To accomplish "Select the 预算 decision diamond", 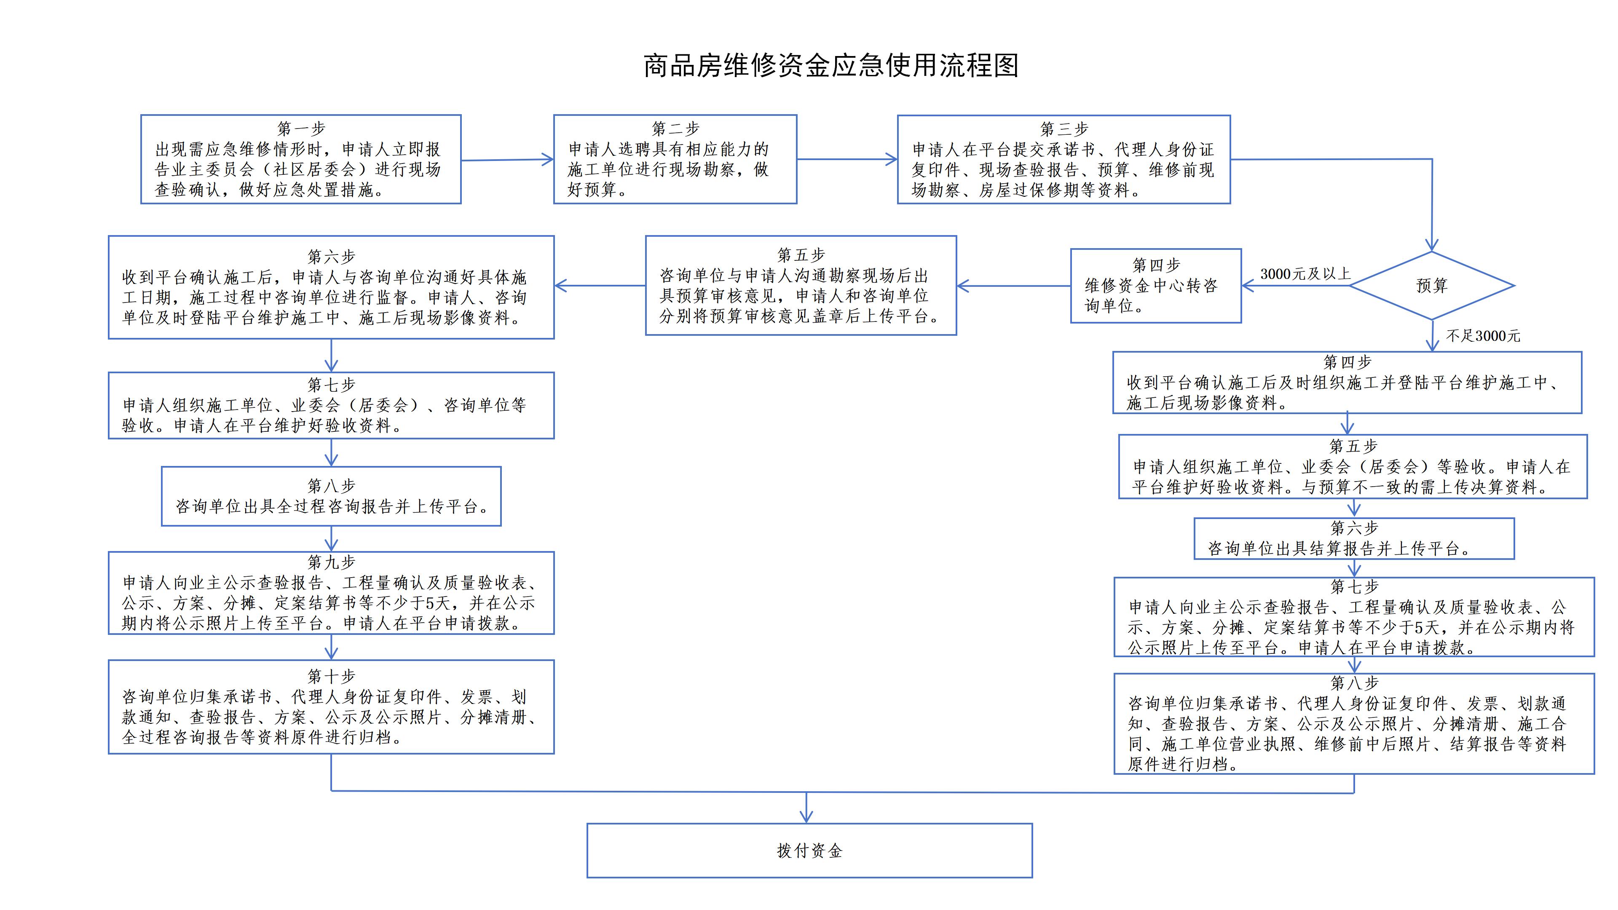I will pyautogui.click(x=1431, y=286).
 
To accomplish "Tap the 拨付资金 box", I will pyautogui.click(x=809, y=850).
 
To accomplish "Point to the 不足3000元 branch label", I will pyautogui.click(x=1483, y=336).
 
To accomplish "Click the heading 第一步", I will pyautogui.click(x=302, y=129).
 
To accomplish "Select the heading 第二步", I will pyautogui.click(x=675, y=129).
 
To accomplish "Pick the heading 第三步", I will pyautogui.click(x=1063, y=129).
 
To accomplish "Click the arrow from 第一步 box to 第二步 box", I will pyautogui.click(x=507, y=160).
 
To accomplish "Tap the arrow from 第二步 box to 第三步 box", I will pyautogui.click(x=847, y=159).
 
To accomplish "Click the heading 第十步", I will pyautogui.click(x=331, y=676).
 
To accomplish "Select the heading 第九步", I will pyautogui.click(x=331, y=562).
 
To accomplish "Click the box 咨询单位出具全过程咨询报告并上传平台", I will pyautogui.click(x=331, y=496).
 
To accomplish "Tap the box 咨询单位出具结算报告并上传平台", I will pyautogui.click(x=1353, y=538).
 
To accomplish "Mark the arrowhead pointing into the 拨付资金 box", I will pyautogui.click(x=806, y=816).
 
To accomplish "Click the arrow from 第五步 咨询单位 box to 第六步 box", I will pyautogui.click(x=600, y=286).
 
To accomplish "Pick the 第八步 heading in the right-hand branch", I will pyautogui.click(x=1353, y=682).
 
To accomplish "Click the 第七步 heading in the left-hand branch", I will pyautogui.click(x=331, y=384).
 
